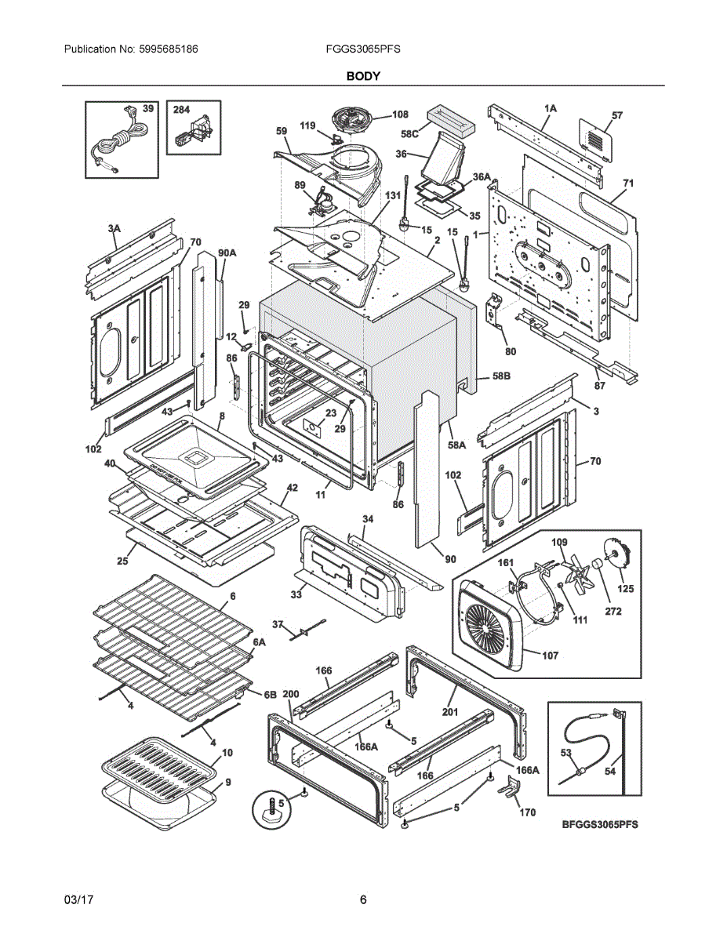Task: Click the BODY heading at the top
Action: tap(363, 76)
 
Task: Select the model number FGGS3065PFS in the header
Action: tap(363, 49)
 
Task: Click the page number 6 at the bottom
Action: tap(363, 899)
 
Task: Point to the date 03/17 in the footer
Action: tap(78, 899)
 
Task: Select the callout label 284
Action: tap(181, 111)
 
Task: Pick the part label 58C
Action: tap(410, 134)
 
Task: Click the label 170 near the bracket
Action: tap(528, 812)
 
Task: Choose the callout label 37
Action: tap(278, 624)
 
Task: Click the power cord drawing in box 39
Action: tap(114, 145)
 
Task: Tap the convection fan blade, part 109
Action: tap(581, 572)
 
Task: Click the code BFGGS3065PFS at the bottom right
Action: tap(600, 825)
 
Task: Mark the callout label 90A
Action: tap(227, 253)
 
